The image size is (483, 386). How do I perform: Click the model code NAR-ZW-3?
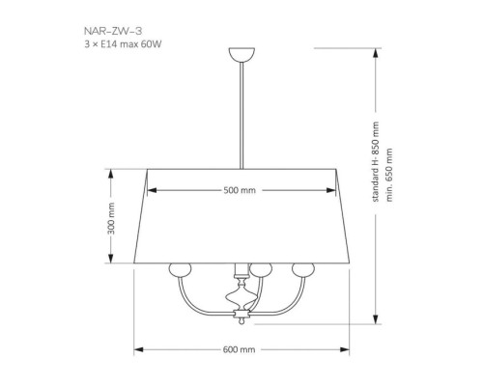pos(113,31)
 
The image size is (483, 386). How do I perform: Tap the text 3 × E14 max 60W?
pos(123,44)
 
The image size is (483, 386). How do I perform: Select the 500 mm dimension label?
pos(240,190)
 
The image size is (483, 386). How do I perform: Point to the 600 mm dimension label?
pos(239,349)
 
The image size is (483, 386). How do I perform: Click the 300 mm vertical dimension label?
pos(111,218)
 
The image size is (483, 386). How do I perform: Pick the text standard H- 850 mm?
pos(376,162)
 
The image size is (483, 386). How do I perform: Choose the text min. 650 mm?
pos(389,175)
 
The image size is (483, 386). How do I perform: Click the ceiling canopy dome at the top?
pos(241,55)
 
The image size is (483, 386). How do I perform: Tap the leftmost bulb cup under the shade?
pos(180,269)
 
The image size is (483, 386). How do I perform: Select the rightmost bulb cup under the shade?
pos(303,269)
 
